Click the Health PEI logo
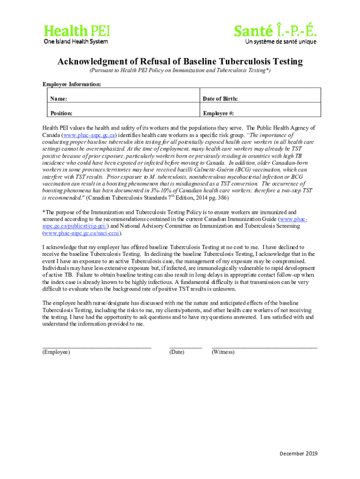click(77, 31)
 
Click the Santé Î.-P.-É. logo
click(275, 31)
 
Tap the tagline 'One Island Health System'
click(76, 42)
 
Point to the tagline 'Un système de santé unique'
click(281, 42)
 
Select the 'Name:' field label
click(59, 99)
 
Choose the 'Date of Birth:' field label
click(220, 99)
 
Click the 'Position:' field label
click(62, 113)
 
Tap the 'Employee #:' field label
click(218, 113)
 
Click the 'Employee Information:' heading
click(72, 84)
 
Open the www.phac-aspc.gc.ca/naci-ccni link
click(82, 232)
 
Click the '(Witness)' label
click(223, 352)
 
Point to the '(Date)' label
click(177, 352)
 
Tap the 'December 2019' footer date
click(298, 454)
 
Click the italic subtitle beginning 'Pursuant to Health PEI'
click(180, 70)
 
